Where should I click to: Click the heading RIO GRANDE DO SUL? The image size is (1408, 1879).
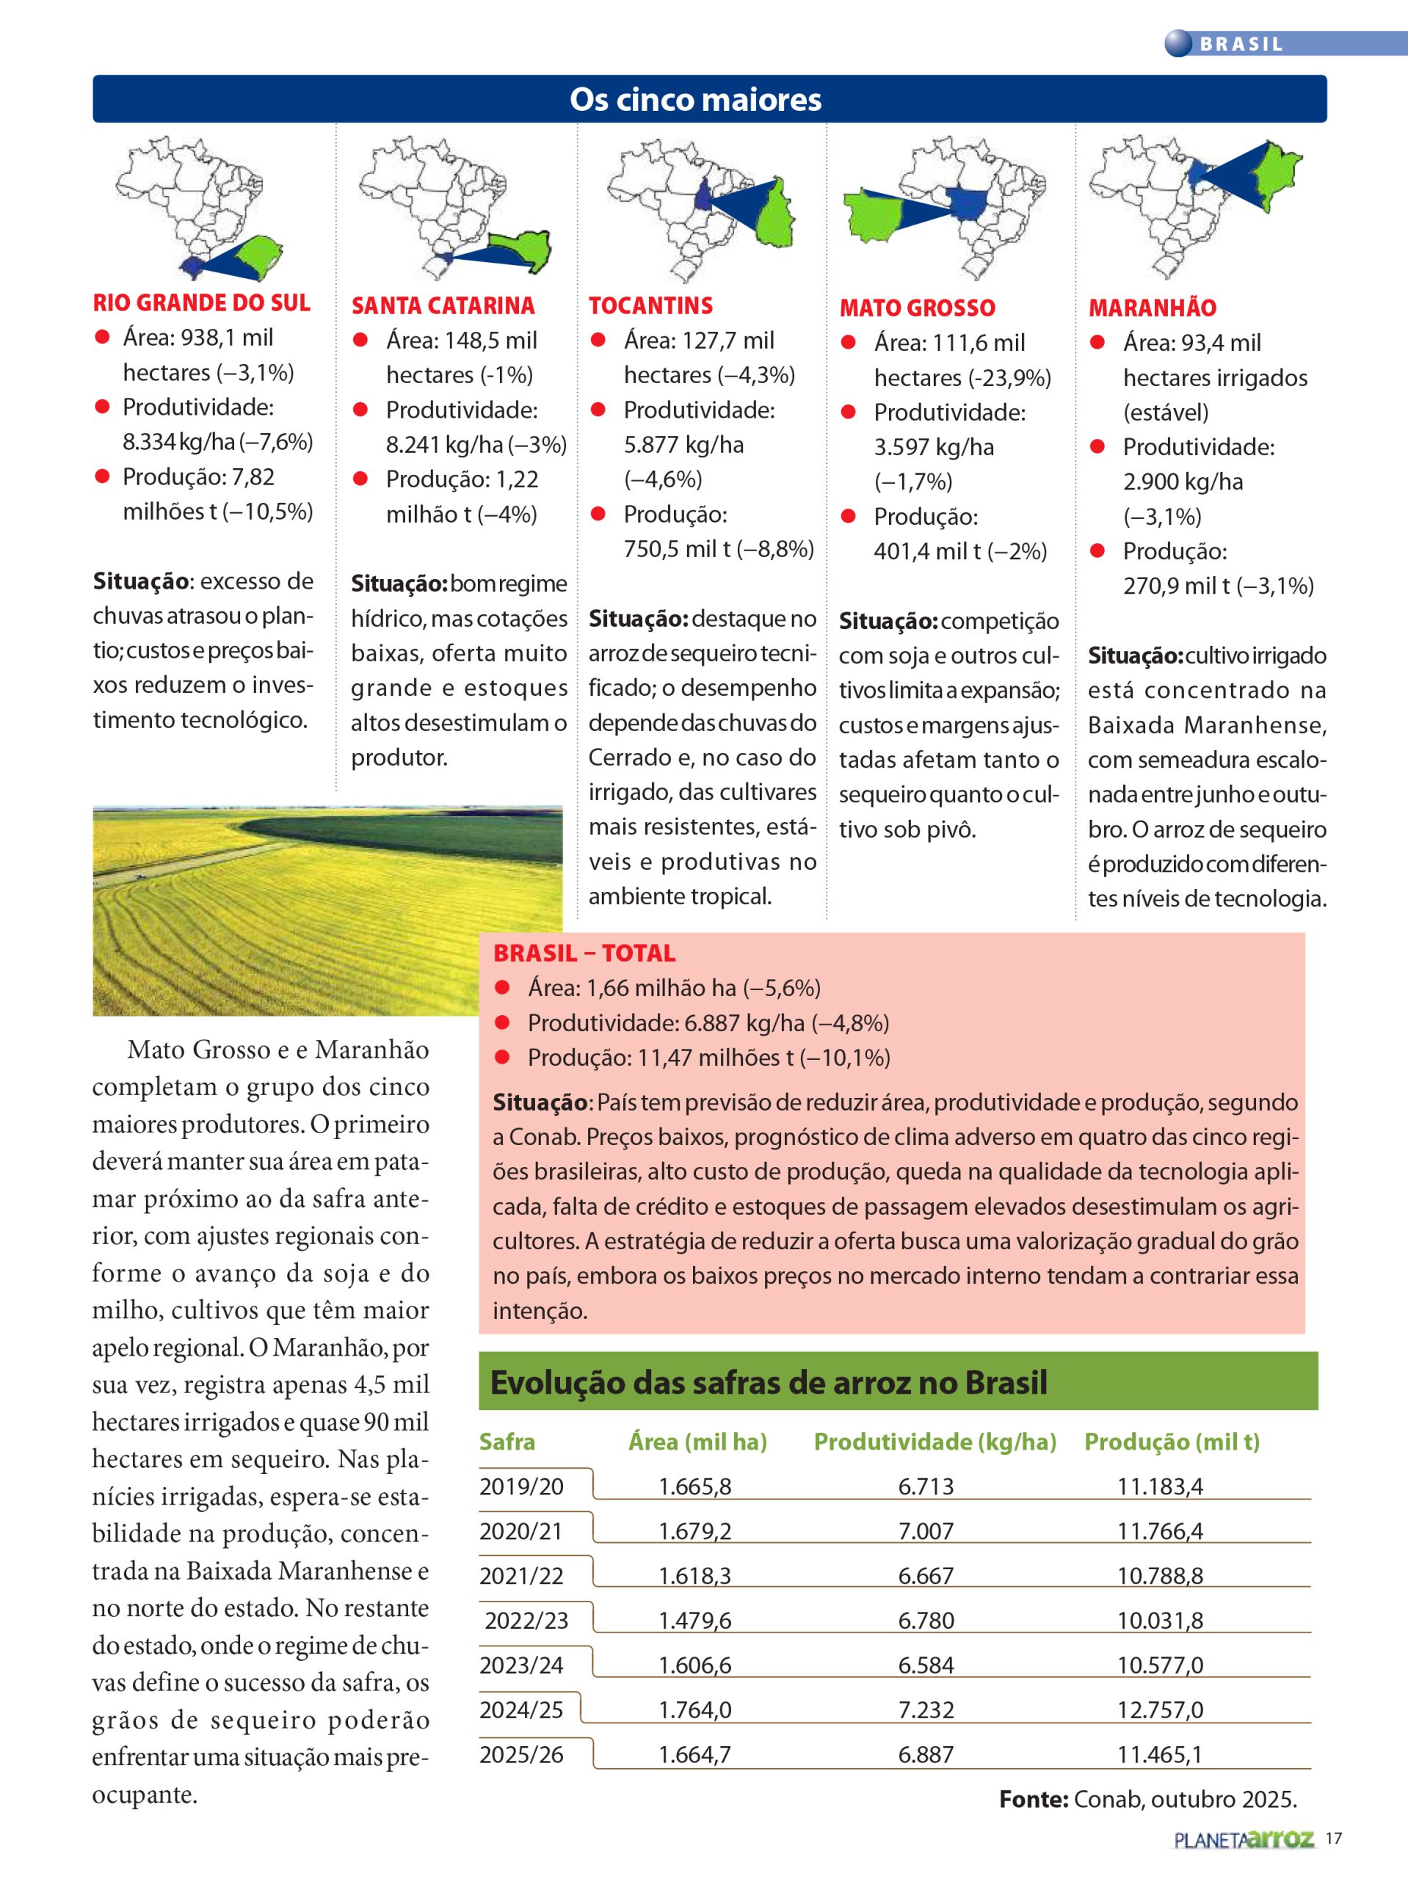tap(201, 303)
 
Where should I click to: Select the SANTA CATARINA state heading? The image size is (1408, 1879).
tap(443, 306)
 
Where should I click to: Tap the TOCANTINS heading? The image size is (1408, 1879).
tap(650, 306)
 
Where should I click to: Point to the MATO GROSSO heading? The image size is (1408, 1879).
tap(917, 308)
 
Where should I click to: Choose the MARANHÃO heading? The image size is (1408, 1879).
tap(1153, 308)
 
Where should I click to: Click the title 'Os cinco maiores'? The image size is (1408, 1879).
tap(695, 99)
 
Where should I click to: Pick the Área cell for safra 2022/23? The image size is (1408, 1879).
tap(694, 1621)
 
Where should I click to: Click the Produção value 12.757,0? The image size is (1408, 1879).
tap(1160, 1710)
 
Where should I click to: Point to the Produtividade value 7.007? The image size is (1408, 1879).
tap(926, 1532)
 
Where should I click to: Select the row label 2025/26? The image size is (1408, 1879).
tap(521, 1755)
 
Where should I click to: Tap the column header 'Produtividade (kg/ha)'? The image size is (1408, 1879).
tap(935, 1442)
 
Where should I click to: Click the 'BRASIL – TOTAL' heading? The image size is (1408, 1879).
tap(584, 953)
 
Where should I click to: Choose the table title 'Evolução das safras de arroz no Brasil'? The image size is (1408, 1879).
tap(768, 1383)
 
